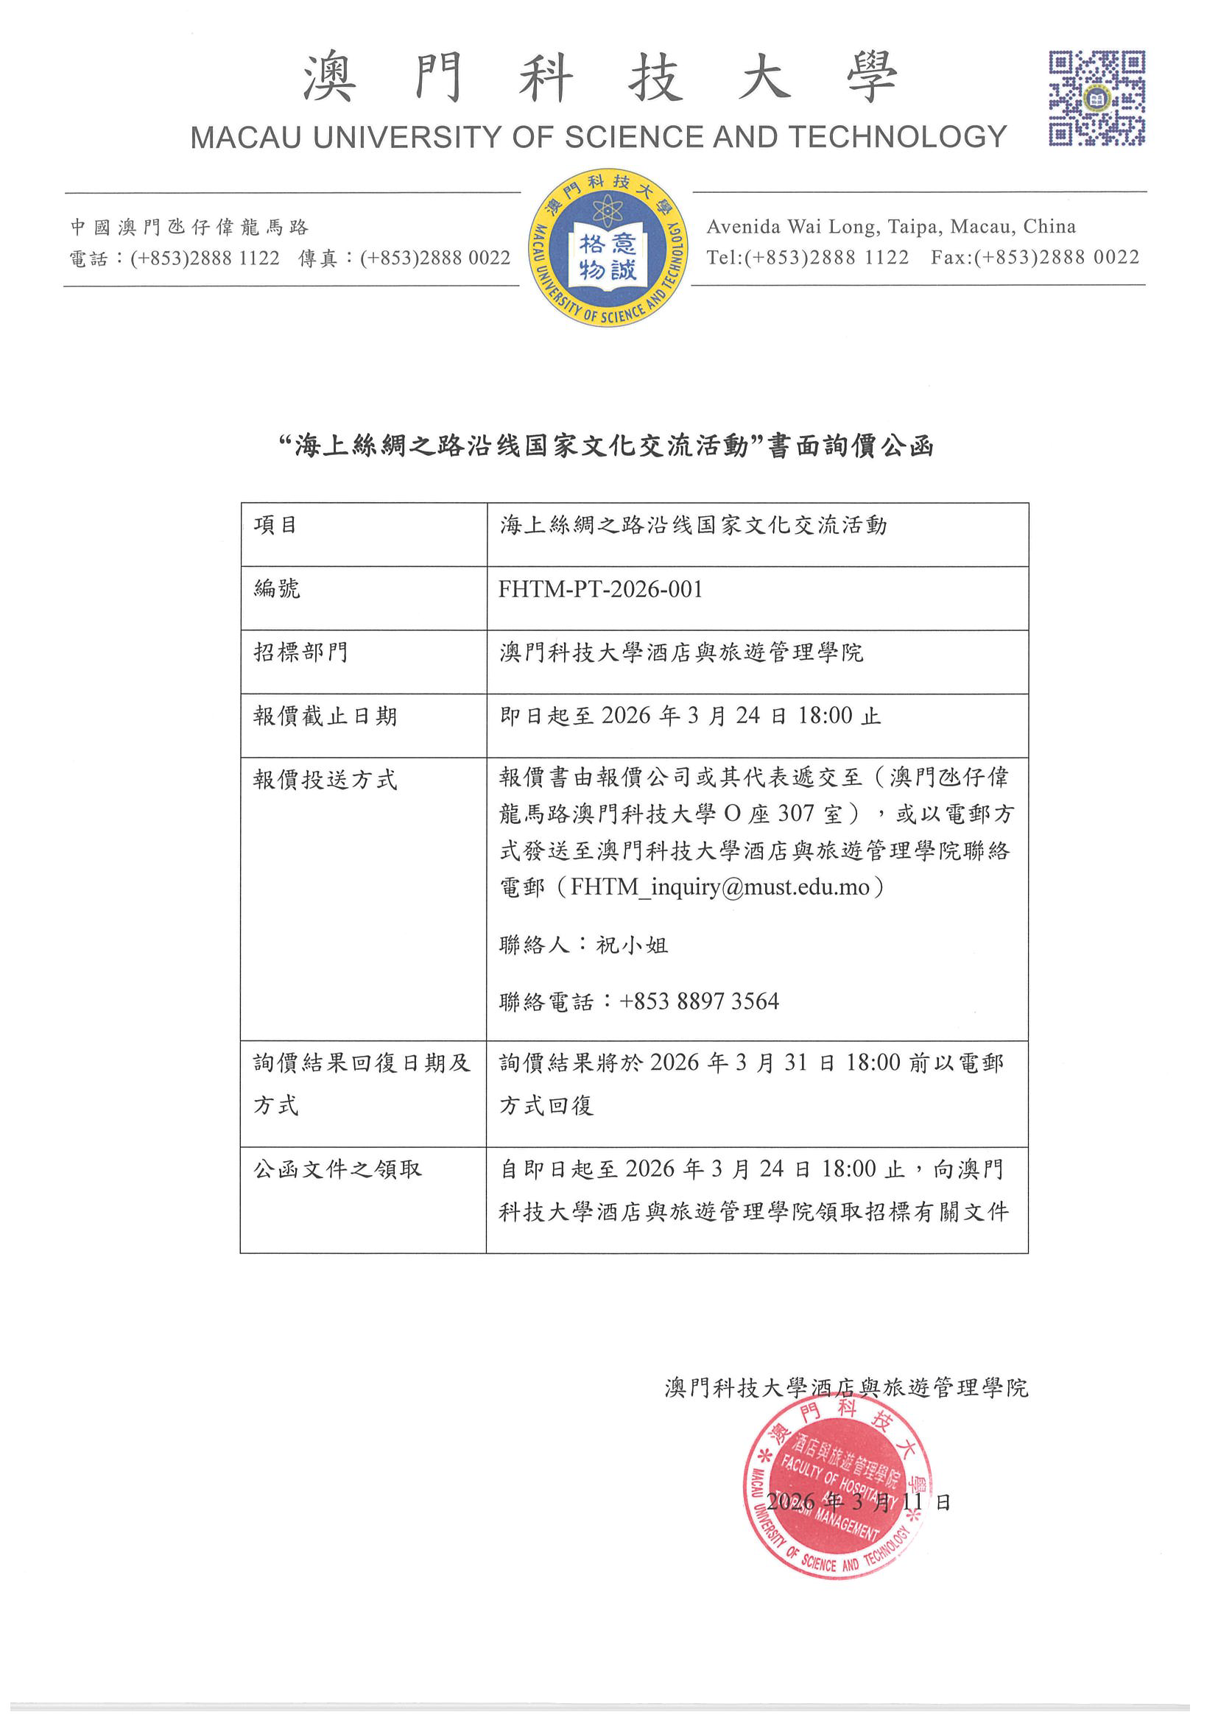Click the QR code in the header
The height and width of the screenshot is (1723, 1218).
tap(1096, 99)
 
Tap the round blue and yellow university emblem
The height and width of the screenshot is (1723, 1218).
tap(608, 247)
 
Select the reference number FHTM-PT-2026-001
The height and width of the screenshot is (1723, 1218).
tap(600, 590)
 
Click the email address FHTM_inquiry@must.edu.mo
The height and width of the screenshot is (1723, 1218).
tap(719, 887)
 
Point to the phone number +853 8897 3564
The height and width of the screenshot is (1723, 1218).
tap(699, 1001)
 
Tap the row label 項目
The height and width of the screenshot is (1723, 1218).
tap(275, 525)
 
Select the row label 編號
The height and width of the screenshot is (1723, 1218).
tap(277, 589)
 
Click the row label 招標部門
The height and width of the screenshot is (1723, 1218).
tap(300, 652)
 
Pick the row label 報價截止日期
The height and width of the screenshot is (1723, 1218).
tap(324, 716)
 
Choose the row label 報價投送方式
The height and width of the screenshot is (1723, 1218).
tap(324, 781)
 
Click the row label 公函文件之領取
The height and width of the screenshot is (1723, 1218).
tap(337, 1169)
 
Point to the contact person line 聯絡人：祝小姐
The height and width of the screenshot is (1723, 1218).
tap(583, 945)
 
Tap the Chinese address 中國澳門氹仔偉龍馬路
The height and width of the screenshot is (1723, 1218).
tap(189, 227)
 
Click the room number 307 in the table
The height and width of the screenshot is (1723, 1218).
tap(795, 814)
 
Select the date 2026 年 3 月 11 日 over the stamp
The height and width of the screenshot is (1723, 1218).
tap(859, 1501)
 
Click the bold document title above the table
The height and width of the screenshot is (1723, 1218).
tap(606, 446)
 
